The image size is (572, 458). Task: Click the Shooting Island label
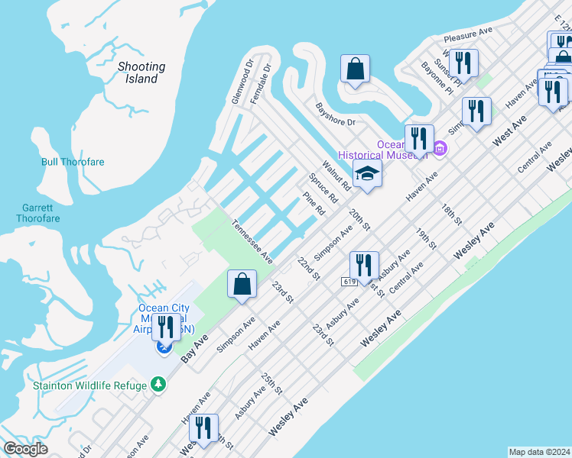(141, 73)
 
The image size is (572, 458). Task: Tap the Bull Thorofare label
(73, 162)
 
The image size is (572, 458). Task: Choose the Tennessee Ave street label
(252, 242)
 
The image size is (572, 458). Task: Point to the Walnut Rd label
(336, 175)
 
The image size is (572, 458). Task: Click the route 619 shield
(349, 282)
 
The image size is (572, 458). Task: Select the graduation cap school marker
(367, 173)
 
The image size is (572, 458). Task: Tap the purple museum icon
(439, 147)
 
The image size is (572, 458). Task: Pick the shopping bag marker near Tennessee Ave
(242, 284)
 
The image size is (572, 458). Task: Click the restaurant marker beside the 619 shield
(364, 264)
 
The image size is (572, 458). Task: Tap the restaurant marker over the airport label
(166, 326)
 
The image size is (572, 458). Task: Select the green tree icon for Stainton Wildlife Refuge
(158, 385)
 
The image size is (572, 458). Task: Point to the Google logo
(26, 449)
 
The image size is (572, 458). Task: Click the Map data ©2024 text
(539, 452)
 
